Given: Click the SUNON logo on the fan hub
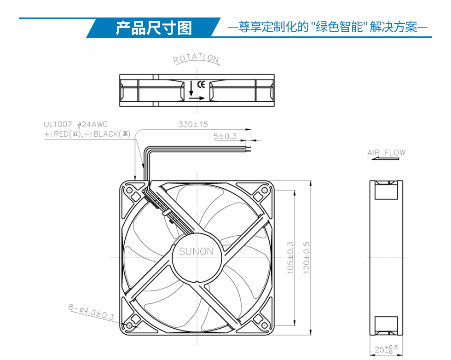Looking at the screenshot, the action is [197, 251].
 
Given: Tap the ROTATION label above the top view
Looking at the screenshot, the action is [196, 58].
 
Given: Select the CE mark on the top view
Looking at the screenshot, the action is [201, 84].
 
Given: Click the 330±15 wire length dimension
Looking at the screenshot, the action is [193, 124].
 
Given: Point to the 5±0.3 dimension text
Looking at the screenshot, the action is [225, 136].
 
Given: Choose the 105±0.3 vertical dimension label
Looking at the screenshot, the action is [290, 257].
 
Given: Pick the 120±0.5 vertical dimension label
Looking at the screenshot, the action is [306, 257].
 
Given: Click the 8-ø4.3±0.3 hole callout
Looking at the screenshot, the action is [91, 312].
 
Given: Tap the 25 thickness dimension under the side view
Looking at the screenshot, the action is [386, 349].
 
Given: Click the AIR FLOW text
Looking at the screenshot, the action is [386, 152].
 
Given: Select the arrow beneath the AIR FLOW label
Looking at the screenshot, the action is [385, 158].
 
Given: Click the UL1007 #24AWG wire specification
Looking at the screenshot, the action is [75, 124].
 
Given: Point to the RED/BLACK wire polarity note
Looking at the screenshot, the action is [87, 134].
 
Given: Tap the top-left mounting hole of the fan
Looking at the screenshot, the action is [129, 190].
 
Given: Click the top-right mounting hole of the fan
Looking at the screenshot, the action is [264, 190].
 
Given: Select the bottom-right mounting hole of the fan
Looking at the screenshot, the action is [264, 325].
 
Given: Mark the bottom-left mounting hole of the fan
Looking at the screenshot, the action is [129, 325].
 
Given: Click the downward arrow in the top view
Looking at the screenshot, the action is [191, 89].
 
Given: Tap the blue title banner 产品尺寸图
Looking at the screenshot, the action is [154, 28].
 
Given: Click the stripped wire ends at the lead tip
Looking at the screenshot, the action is [248, 149].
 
